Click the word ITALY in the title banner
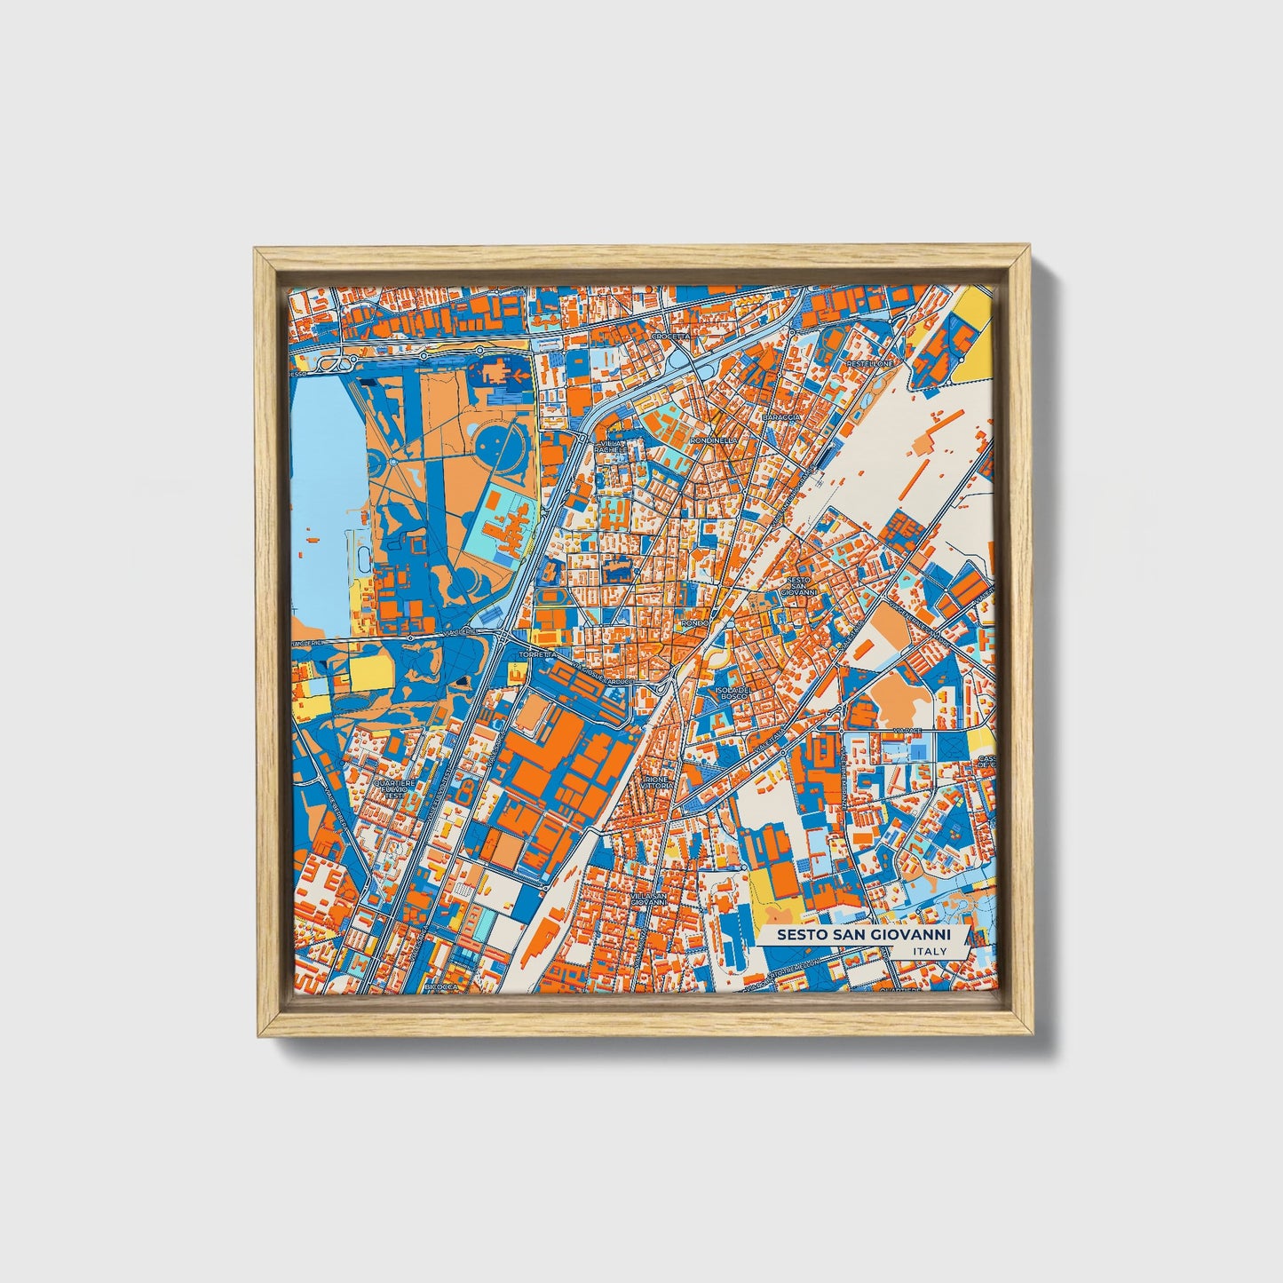930,951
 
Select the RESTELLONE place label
868,363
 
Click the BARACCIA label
781,416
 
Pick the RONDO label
693,623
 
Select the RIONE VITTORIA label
658,782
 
